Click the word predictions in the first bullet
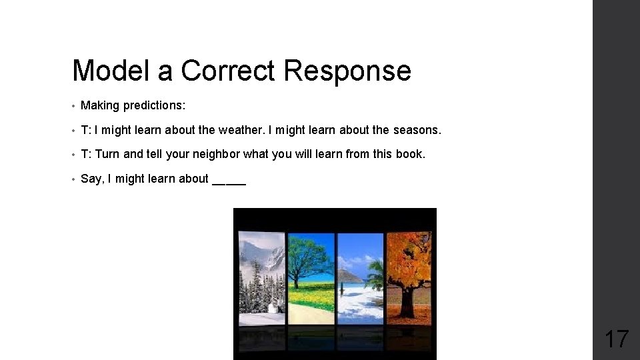coord(154,105)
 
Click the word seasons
coord(417,129)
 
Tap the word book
coord(409,154)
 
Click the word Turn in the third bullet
coord(107,154)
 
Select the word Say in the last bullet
coord(91,179)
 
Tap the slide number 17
coord(616,339)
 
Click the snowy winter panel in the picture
coord(261,277)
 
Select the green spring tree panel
coord(310,277)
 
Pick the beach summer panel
coord(360,277)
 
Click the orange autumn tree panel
coord(409,277)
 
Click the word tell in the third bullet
coord(154,154)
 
